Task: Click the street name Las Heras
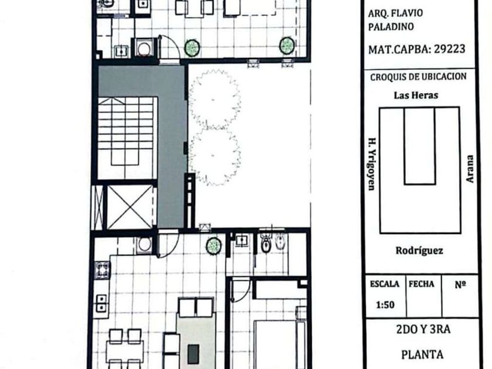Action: tap(416, 95)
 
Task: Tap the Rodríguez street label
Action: tap(419, 251)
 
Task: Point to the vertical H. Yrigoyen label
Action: tap(372, 164)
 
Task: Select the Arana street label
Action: tap(470, 169)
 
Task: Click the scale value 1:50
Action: tap(385, 305)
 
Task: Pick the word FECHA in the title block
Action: tap(421, 284)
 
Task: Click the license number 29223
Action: tap(449, 49)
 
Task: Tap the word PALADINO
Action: tap(391, 27)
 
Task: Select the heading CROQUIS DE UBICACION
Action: tap(418, 77)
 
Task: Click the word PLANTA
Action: tap(422, 354)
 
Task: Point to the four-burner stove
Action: tap(102, 269)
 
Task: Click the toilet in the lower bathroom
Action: tap(266, 243)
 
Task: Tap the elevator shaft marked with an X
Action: tap(130, 207)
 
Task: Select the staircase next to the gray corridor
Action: tap(127, 138)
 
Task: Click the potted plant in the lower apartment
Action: tap(213, 245)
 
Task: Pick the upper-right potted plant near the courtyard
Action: tap(286, 45)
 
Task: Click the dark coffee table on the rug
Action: tap(193, 354)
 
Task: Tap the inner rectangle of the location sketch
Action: tap(419, 146)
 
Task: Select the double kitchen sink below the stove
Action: tap(101, 303)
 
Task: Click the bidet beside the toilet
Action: tap(279, 242)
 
